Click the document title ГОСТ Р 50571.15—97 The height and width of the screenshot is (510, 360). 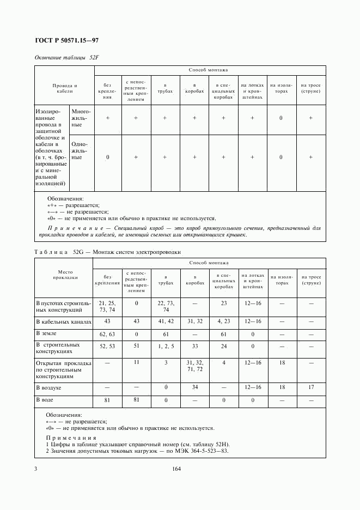tap(66, 40)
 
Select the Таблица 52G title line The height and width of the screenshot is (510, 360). tap(107, 252)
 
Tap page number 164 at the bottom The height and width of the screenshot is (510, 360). tap(176, 469)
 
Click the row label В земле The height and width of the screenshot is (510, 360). tap(46, 332)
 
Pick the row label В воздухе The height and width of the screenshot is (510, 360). tap(48, 387)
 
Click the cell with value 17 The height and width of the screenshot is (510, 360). tap(311, 387)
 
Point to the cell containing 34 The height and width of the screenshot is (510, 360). tap(194, 387)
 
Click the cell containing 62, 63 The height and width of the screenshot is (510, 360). tap(107, 332)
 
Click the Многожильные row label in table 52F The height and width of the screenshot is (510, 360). tap(81, 118)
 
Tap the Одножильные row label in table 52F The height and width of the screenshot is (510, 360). tap(81, 153)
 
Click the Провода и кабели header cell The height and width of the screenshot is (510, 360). tap(64, 89)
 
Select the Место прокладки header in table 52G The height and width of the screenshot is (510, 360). tap(64, 274)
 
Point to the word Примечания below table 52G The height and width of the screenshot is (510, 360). tap(71, 438)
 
